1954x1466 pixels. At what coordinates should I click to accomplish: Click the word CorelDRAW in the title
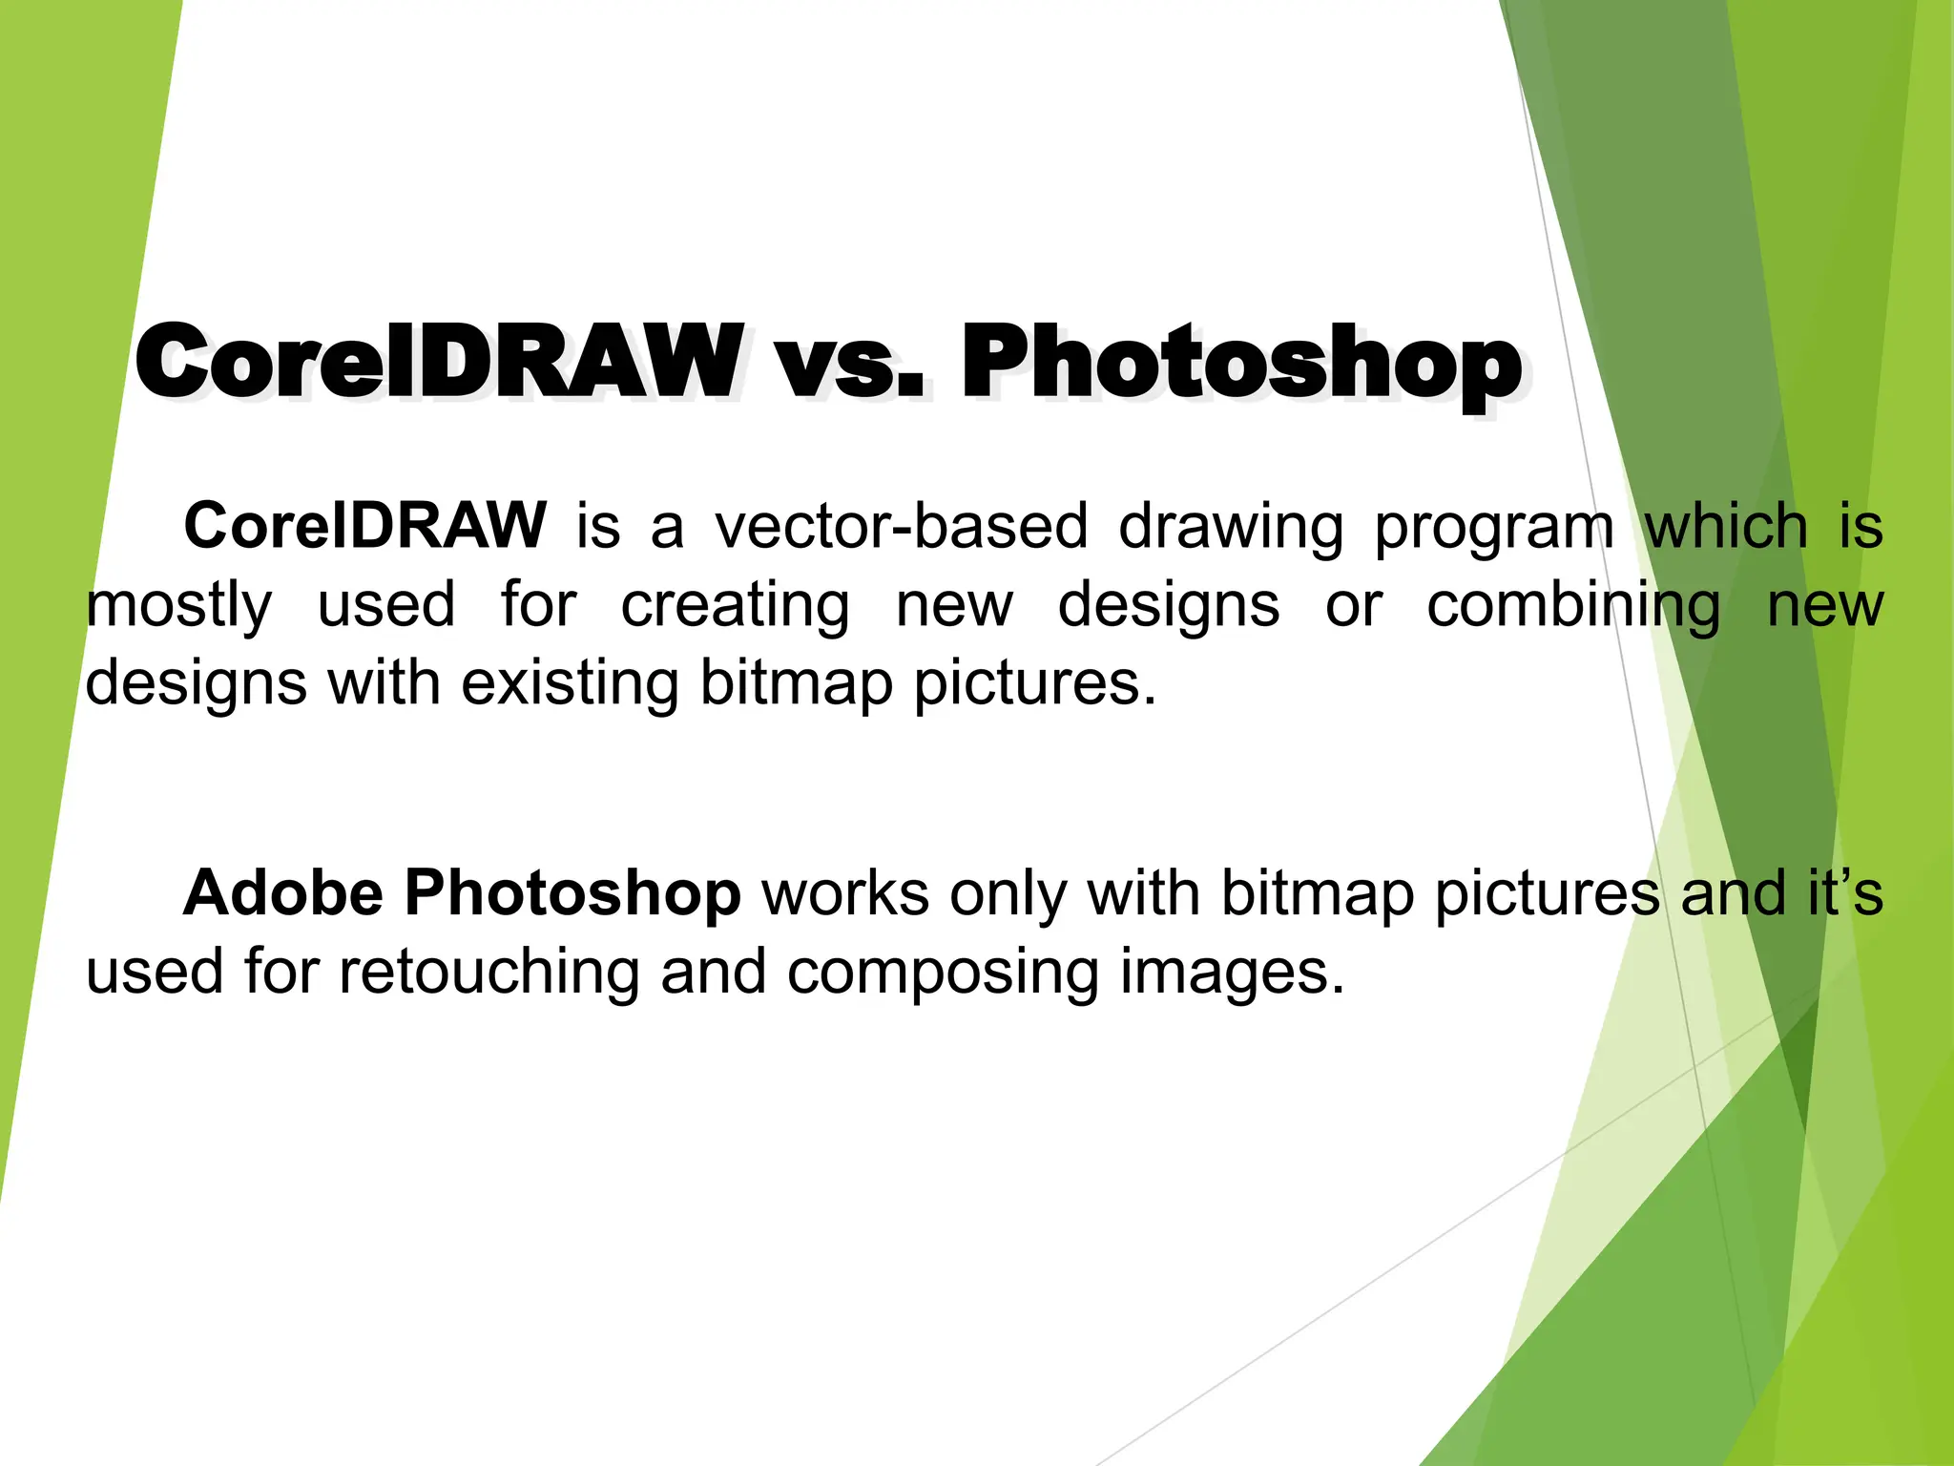pyautogui.click(x=439, y=363)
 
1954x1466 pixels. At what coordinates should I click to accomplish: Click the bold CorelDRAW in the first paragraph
pyautogui.click(x=365, y=526)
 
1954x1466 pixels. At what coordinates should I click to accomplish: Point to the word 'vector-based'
pyautogui.click(x=902, y=526)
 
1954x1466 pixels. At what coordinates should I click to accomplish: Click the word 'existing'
pyautogui.click(x=570, y=684)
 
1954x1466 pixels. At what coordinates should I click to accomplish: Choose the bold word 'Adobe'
pyautogui.click(x=283, y=893)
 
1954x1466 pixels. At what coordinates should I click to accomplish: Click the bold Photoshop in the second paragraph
pyautogui.click(x=572, y=895)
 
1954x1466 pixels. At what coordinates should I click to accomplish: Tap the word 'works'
pyautogui.click(x=845, y=893)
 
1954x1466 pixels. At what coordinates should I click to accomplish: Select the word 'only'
pyautogui.click(x=1007, y=895)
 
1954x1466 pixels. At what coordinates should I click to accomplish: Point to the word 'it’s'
pyautogui.click(x=1845, y=893)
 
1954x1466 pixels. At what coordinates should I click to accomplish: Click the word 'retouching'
pyautogui.click(x=489, y=973)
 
